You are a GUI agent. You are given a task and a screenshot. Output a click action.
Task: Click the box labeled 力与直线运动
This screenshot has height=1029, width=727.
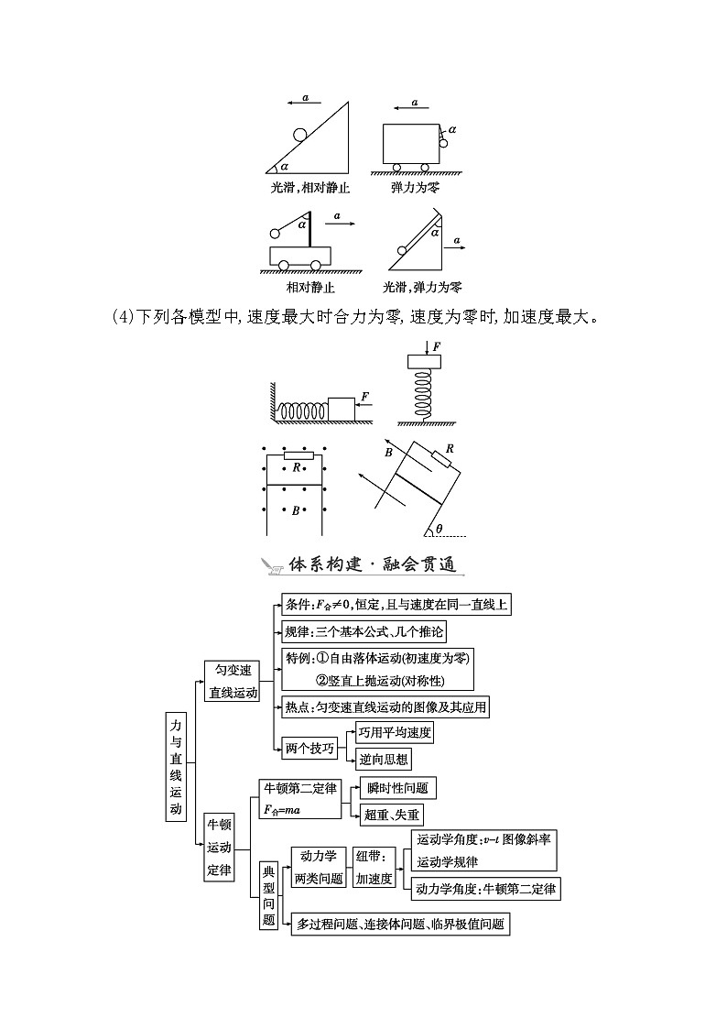175,765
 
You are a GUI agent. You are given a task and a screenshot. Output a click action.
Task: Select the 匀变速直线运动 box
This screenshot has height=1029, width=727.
233,681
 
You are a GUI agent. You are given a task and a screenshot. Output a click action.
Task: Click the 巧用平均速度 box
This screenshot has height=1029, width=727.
395,732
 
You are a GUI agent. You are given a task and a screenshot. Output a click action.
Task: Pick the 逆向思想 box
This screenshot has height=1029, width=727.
384,759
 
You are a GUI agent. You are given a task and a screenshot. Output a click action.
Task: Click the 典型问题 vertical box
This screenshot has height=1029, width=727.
268,894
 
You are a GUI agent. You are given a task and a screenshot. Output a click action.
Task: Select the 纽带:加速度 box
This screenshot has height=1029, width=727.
374,867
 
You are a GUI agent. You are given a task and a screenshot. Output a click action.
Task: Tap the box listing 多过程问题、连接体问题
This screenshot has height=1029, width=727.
400,924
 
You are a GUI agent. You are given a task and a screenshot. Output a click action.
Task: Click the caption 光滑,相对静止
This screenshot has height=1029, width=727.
310,188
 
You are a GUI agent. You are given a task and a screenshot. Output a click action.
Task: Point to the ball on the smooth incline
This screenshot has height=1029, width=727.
301,136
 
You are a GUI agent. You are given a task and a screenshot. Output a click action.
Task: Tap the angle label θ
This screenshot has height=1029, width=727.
439,528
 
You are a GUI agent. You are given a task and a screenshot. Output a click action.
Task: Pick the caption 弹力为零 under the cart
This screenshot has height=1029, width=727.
415,188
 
